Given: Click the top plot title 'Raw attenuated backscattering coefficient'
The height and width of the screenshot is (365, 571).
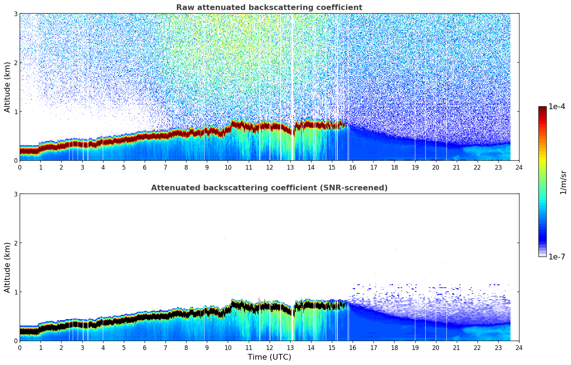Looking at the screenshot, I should [x=269, y=8].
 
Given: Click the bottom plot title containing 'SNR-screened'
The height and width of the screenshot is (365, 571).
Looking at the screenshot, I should [x=269, y=188].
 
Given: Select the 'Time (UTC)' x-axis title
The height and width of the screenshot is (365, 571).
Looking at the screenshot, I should [x=269, y=357].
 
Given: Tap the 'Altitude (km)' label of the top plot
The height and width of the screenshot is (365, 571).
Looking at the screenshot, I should [x=7, y=87].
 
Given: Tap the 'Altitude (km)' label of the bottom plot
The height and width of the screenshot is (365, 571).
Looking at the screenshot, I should [x=7, y=267].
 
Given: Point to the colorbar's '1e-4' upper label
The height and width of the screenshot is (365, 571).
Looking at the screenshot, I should [x=557, y=107].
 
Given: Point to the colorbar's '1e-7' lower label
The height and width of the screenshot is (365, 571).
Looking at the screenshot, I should [x=557, y=257].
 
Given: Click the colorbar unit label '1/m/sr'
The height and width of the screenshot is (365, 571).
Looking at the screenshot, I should [x=563, y=182].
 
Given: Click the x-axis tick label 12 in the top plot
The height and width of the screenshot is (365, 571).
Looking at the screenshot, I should [x=269, y=167].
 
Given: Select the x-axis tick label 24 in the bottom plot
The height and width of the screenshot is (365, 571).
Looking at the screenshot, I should [x=519, y=347].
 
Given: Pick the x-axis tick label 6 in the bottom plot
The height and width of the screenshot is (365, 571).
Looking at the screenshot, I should [x=145, y=347].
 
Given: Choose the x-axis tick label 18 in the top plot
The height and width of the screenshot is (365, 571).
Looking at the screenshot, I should [x=394, y=167].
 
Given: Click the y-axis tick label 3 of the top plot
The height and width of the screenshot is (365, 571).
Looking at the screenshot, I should [x=15, y=14].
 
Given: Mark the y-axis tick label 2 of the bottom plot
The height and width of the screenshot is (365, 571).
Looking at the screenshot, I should [x=15, y=243].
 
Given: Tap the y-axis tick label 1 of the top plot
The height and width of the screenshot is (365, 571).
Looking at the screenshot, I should [x=15, y=112].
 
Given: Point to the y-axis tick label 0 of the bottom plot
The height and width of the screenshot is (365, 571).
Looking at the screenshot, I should [x=15, y=341].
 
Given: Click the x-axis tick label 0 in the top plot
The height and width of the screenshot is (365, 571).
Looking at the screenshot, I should [x=20, y=167].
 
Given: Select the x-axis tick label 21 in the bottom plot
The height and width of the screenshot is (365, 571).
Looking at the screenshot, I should [x=456, y=347].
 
